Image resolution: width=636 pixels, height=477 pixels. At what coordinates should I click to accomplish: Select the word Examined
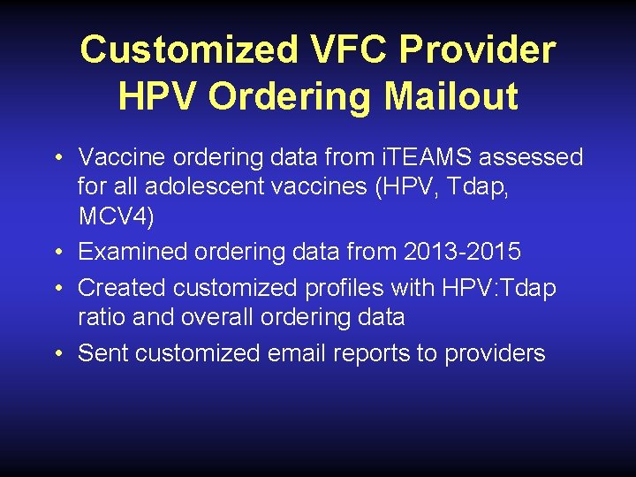(x=132, y=252)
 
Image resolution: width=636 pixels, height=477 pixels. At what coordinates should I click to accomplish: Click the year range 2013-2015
(x=462, y=252)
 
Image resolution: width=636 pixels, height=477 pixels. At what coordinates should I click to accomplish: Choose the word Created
(x=122, y=287)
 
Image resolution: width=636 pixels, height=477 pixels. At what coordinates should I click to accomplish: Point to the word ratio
(x=99, y=316)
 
